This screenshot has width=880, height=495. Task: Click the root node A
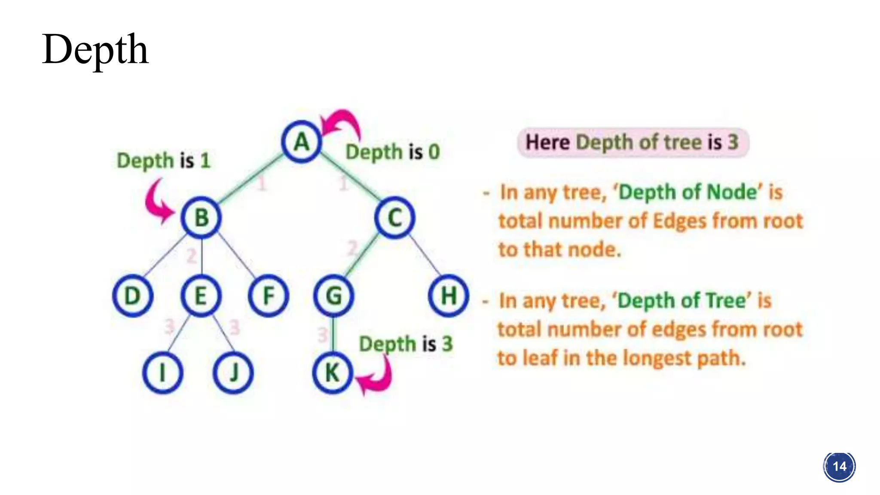[302, 142]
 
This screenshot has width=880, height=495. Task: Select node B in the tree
[201, 217]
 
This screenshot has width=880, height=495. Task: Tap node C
[394, 217]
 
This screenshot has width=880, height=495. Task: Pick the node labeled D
[133, 296]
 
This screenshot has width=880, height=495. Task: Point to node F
[269, 296]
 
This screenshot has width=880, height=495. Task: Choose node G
[334, 296]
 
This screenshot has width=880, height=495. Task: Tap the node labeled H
[449, 296]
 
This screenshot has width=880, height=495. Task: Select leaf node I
[162, 373]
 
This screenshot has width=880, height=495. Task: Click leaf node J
[233, 373]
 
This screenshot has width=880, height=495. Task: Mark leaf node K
[333, 373]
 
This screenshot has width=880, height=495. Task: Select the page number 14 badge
[839, 467]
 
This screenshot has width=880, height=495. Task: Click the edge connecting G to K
[333, 334]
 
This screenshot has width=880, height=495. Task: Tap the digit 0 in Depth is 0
[434, 152]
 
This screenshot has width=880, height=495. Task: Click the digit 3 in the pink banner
[733, 142]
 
